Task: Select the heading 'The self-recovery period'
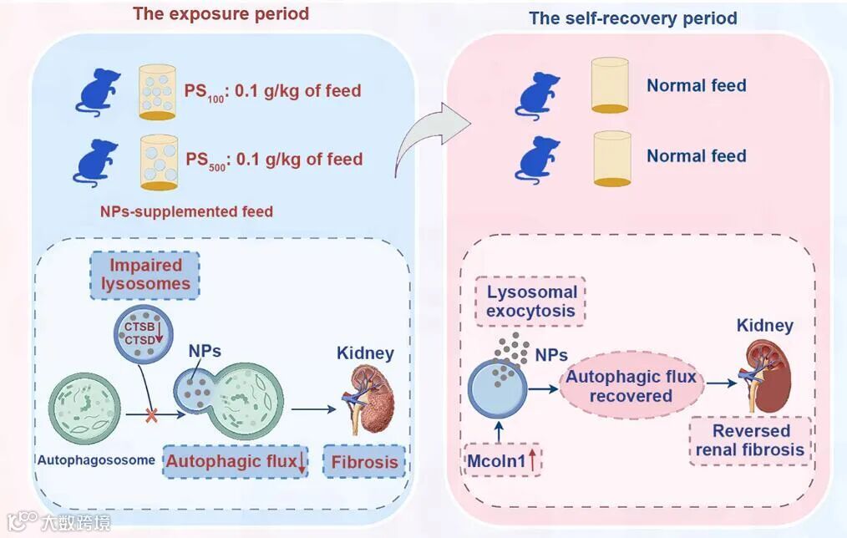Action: pyautogui.click(x=632, y=18)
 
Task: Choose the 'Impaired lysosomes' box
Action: pyautogui.click(x=146, y=275)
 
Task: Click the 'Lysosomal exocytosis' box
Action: pyautogui.click(x=532, y=302)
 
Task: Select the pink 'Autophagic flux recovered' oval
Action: pyautogui.click(x=631, y=385)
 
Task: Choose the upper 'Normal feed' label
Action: pyautogui.click(x=696, y=85)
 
